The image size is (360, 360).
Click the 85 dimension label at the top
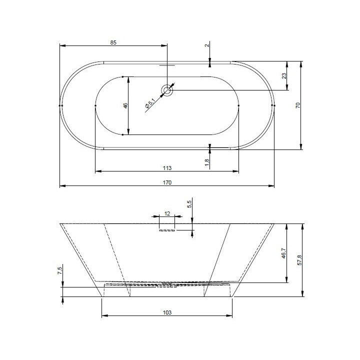coord(113,43)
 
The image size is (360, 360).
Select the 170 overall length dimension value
coord(167,182)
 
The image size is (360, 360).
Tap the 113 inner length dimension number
coord(167,167)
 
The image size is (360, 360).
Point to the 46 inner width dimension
coord(125,105)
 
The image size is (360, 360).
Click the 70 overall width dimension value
coord(297,105)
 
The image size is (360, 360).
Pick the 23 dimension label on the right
coord(283,76)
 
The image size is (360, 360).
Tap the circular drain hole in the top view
coord(166,90)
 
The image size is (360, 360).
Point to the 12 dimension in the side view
coord(167,213)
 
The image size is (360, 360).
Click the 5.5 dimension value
coord(189,204)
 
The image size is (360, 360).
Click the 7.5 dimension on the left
coord(59,271)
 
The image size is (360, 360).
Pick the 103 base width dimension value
coord(167,312)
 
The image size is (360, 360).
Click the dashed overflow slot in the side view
coord(167,230)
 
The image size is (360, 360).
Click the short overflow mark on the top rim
coord(167,64)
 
